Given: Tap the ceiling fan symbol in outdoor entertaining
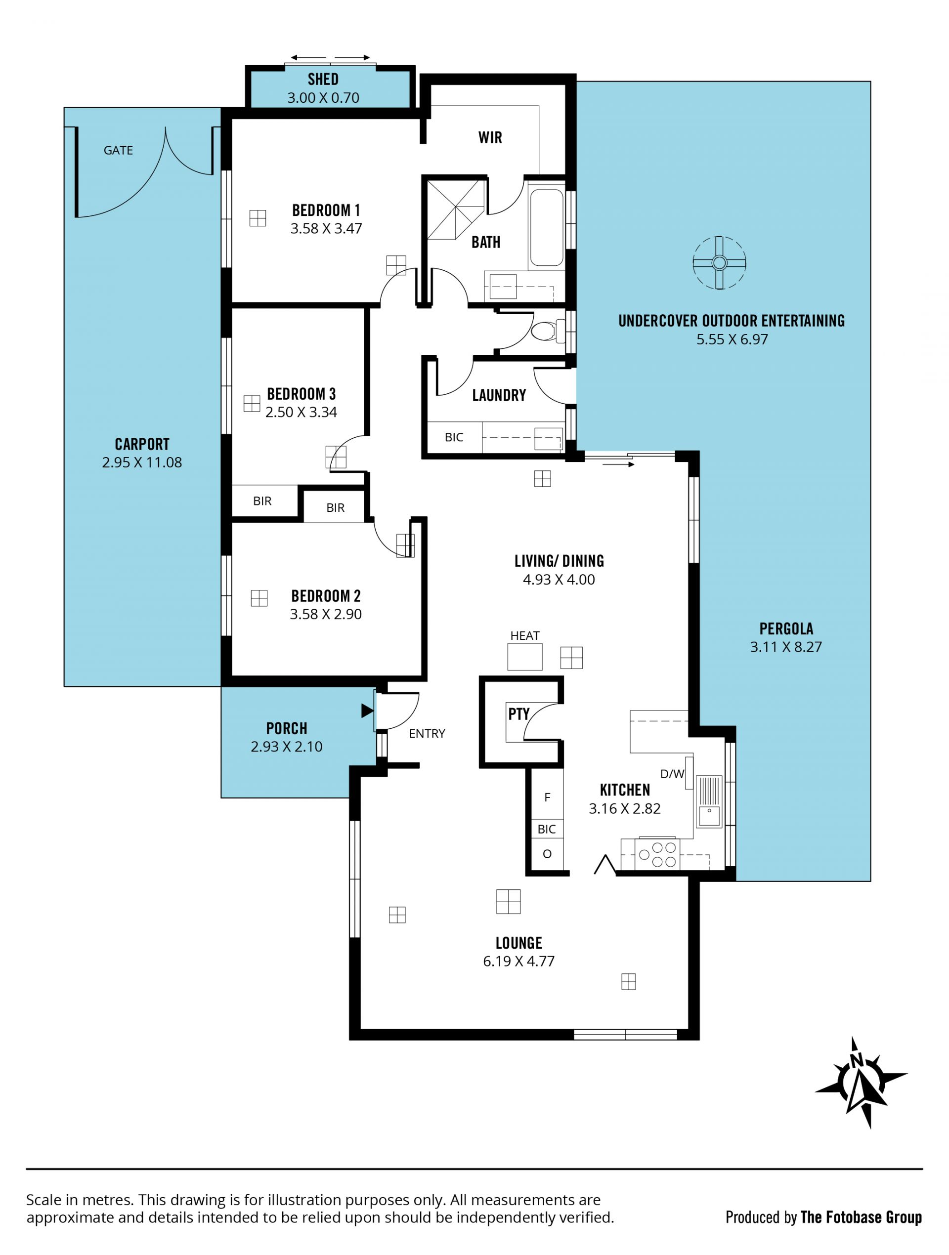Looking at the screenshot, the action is tap(719, 263).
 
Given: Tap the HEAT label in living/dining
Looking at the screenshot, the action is tap(524, 635).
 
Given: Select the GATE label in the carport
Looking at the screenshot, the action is tap(118, 150).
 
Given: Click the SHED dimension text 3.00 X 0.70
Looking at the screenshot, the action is tap(323, 98).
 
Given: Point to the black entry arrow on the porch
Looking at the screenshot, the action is tap(367, 711).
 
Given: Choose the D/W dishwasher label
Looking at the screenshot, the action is tap(672, 774).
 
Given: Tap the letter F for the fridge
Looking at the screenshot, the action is tap(547, 797).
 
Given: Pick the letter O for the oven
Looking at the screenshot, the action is tap(547, 854).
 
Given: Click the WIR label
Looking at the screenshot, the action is tap(490, 137).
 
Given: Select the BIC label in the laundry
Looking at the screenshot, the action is tap(454, 437).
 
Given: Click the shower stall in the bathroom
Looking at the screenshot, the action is tap(456, 210).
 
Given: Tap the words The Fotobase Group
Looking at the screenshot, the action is tap(861, 1217).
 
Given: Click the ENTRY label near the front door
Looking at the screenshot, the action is tap(427, 734).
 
